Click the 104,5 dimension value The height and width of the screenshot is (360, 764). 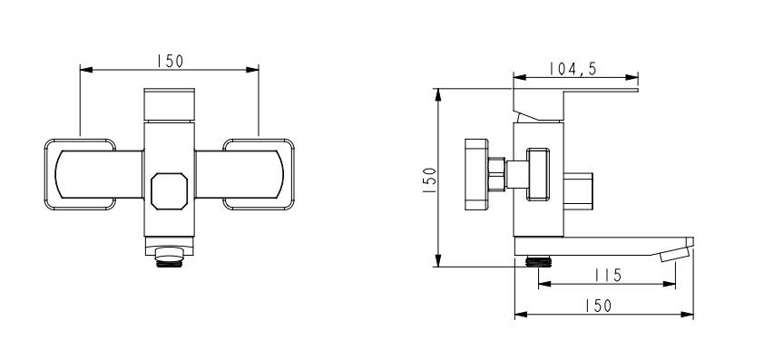click(573, 69)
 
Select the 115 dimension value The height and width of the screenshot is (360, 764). click(608, 276)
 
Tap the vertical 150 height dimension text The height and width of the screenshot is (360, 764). click(430, 180)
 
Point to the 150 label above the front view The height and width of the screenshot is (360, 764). click(170, 62)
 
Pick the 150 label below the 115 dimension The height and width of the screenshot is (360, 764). click(598, 306)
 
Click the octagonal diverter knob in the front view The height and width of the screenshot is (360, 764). click(169, 191)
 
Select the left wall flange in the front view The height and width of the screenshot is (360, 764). click(80, 174)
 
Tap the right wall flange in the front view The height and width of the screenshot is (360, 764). click(259, 174)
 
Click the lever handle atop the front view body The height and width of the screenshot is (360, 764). click(169, 104)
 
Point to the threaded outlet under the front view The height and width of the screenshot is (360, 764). click(169, 258)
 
